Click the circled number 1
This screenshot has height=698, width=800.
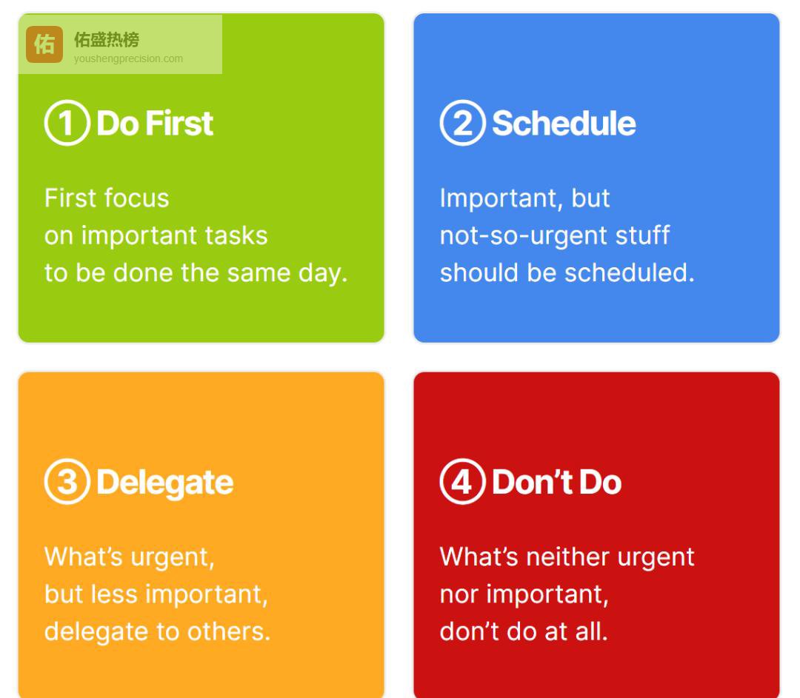pos(67,123)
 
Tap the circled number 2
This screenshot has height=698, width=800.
pos(463,123)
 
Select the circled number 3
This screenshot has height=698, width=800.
pos(67,481)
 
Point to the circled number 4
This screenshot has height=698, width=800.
pos(463,481)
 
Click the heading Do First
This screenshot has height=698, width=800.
pos(155,124)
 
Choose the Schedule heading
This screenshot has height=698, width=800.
pos(564,124)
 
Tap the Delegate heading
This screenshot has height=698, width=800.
pos(164,483)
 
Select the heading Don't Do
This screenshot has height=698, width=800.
pos(556,482)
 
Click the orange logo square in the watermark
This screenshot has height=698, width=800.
pos(44,44)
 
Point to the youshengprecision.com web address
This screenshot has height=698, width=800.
pos(128,58)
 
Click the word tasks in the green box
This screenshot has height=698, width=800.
pos(236,235)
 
